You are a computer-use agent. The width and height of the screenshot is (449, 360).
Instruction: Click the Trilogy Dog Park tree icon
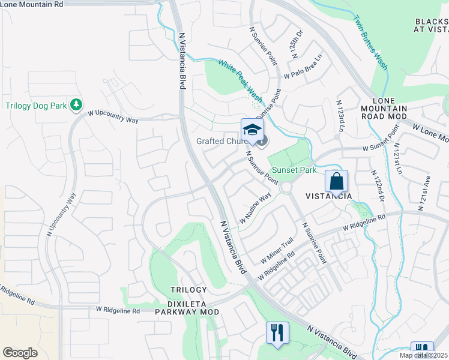[x=76, y=106]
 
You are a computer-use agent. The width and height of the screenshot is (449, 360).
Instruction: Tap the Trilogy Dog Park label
[x=36, y=106]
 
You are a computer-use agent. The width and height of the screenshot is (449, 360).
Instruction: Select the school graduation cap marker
[x=253, y=130]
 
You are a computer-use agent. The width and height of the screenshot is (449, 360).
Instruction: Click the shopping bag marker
[x=337, y=181]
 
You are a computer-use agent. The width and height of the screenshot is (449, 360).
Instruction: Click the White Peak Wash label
[x=240, y=80]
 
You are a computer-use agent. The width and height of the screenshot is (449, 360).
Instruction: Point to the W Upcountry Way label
[x=113, y=117]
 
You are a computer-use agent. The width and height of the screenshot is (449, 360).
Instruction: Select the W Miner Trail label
[x=277, y=250]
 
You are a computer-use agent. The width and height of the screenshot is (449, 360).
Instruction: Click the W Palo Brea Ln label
[x=303, y=68]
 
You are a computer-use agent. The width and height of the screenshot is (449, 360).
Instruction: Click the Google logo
[x=20, y=353]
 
